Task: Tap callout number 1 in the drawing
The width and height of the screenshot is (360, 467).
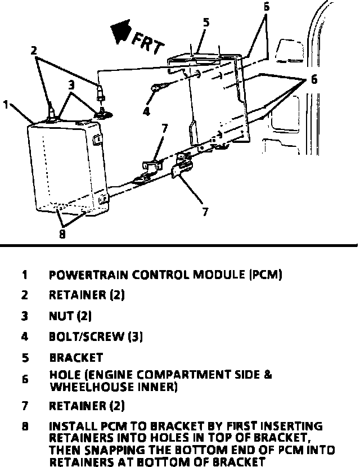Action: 6,105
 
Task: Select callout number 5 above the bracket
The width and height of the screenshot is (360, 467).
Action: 206,23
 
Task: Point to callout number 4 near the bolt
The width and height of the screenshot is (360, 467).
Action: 146,111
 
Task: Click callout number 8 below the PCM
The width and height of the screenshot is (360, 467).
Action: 62,235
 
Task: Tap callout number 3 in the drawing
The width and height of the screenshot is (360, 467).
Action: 72,86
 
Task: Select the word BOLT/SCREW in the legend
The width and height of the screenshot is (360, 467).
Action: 87,336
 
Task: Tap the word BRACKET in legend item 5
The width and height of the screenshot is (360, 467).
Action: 76,357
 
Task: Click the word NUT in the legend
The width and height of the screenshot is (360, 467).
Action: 61,316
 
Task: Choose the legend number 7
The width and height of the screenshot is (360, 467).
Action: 25,406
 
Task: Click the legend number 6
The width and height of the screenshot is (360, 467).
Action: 25,380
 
